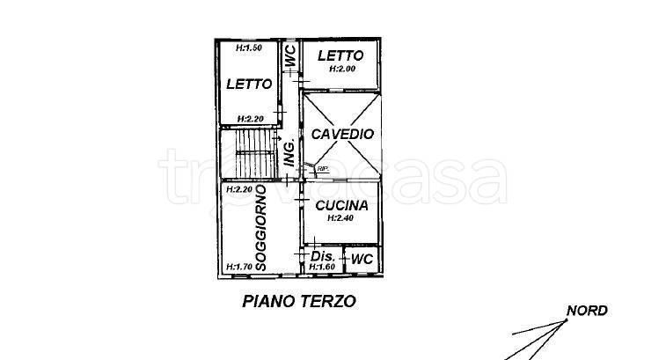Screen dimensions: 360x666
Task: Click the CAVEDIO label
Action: [342, 135]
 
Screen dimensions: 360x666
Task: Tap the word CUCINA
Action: [340, 205]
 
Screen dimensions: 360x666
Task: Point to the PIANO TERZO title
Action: [298, 301]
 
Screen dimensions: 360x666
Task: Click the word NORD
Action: [586, 311]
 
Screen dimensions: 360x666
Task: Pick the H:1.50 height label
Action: [250, 48]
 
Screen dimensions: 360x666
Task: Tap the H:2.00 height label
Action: [341, 69]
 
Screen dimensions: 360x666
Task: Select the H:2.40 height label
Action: [340, 217]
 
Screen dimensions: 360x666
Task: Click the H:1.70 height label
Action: [238, 266]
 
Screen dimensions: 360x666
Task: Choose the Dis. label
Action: [323, 256]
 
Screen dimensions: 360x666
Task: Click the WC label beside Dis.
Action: [362, 260]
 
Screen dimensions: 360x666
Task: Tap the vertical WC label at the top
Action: [289, 57]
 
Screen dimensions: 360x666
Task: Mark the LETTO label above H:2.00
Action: [340, 55]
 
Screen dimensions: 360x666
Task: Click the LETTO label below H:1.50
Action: [249, 84]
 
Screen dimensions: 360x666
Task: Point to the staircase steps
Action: [248, 153]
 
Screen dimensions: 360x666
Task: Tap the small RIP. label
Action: [322, 168]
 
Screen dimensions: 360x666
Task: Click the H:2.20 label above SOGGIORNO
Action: [238, 189]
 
